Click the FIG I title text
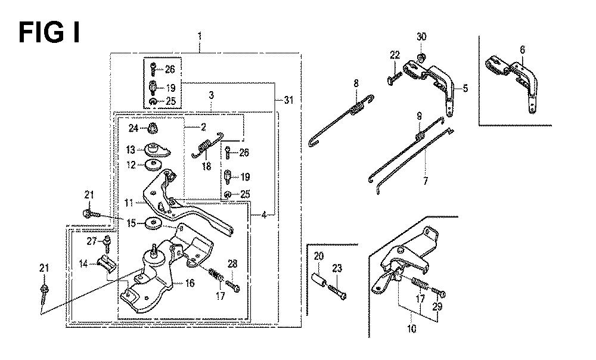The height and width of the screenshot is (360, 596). pyautogui.click(x=49, y=33)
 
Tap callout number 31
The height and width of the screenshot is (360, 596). pyautogui.click(x=288, y=100)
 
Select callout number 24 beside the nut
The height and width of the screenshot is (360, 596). pyautogui.click(x=133, y=129)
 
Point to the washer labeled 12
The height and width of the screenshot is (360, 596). pyautogui.click(x=154, y=165)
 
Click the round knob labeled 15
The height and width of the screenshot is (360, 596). pyautogui.click(x=154, y=223)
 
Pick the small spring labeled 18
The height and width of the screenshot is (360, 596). pyautogui.click(x=206, y=144)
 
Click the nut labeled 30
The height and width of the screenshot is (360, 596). pyautogui.click(x=421, y=57)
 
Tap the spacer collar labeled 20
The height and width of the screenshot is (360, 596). pyautogui.click(x=319, y=282)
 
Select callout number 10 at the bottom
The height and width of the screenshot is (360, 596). pyautogui.click(x=412, y=329)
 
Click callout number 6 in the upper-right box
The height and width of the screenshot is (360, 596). pyautogui.click(x=523, y=49)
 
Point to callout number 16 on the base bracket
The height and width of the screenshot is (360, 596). pyautogui.click(x=190, y=283)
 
